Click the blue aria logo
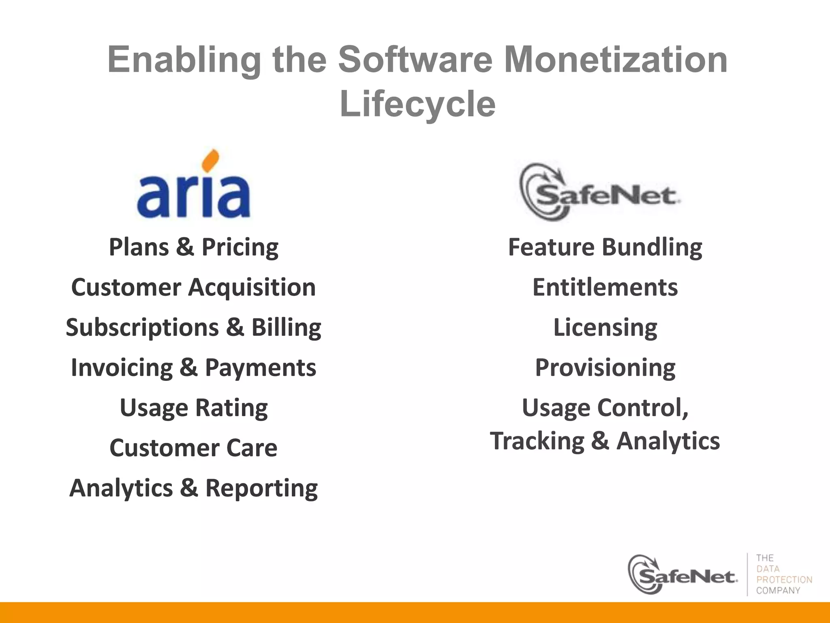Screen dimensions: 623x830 point(194,195)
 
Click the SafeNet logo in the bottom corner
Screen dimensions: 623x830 point(682,575)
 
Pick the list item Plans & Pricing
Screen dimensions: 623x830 point(194,247)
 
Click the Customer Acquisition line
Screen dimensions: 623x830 point(194,287)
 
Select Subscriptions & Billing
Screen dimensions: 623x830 point(194,327)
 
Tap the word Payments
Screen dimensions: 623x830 point(260,367)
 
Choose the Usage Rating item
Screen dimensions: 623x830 point(194,408)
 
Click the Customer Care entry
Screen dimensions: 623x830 point(194,448)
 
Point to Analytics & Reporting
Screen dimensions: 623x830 point(194,488)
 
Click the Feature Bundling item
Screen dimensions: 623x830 point(605,247)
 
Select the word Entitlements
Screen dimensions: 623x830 point(605,287)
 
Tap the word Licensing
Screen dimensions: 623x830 point(605,327)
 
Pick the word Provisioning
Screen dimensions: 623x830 point(605,367)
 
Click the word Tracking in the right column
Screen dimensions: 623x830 point(537,441)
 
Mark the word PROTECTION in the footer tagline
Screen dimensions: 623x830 point(784,580)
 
